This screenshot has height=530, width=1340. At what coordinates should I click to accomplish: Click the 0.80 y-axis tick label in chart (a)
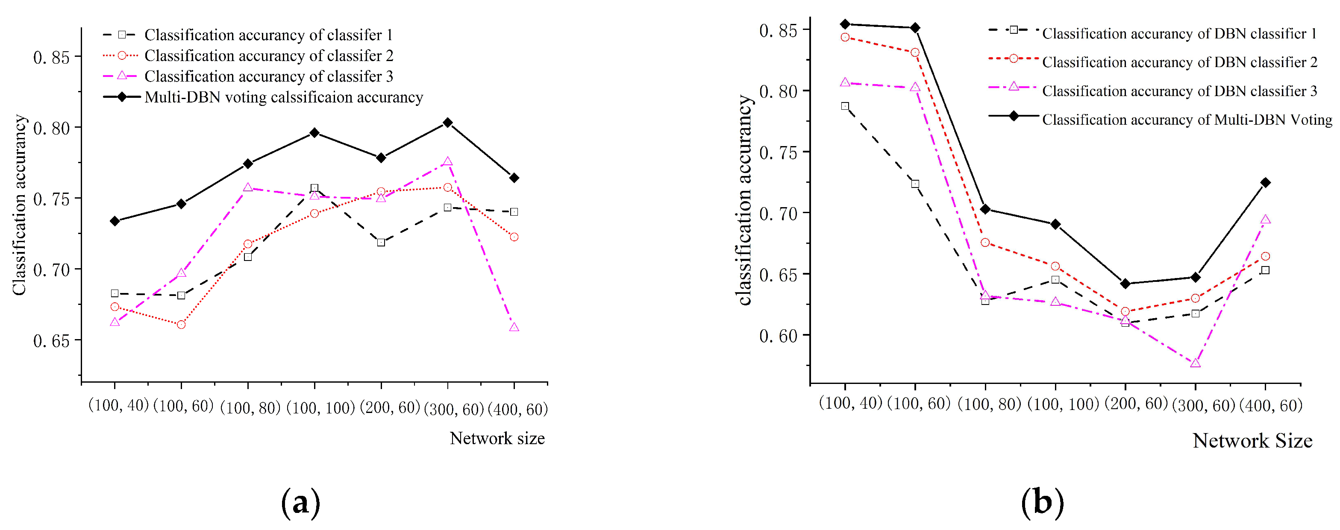point(51,129)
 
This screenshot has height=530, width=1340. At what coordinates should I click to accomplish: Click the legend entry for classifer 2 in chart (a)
point(268,56)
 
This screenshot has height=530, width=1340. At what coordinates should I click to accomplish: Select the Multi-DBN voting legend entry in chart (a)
point(283,97)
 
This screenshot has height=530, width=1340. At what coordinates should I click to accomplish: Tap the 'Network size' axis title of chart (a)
point(497,439)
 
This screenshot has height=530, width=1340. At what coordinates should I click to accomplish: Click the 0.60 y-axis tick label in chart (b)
point(778,336)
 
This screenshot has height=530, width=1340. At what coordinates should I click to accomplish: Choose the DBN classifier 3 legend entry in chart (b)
point(1179,91)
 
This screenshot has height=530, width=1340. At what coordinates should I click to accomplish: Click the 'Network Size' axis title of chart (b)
point(1252,441)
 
